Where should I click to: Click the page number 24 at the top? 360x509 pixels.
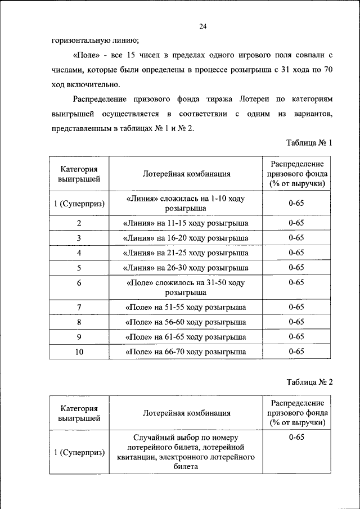click(x=203, y=26)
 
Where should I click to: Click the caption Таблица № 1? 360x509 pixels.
click(x=310, y=143)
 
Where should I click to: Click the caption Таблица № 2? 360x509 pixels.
click(x=310, y=382)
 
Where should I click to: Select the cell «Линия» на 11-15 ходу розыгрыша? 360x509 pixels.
click(x=185, y=223)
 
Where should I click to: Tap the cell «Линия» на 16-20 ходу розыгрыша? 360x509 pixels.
click(x=185, y=238)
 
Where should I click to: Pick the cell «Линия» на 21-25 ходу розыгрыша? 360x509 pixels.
click(x=185, y=253)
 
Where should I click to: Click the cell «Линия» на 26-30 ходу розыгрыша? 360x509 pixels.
click(x=185, y=268)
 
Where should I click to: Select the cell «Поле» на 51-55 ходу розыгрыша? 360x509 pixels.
click(x=185, y=307)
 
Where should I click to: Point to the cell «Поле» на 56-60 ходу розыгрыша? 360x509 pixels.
click(x=185, y=322)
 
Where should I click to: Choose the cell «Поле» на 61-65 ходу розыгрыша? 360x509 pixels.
click(x=185, y=337)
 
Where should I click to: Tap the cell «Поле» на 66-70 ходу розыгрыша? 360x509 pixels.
click(x=185, y=352)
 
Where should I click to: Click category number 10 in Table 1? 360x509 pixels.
click(x=79, y=352)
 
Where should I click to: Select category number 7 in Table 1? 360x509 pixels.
click(x=79, y=307)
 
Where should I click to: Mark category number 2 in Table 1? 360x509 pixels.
click(x=79, y=223)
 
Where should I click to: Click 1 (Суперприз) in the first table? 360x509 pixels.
click(x=79, y=204)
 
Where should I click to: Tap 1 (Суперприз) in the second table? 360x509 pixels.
click(x=79, y=452)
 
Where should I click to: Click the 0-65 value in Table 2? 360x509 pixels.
click(x=296, y=438)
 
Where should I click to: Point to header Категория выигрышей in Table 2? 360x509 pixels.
click(x=79, y=413)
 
